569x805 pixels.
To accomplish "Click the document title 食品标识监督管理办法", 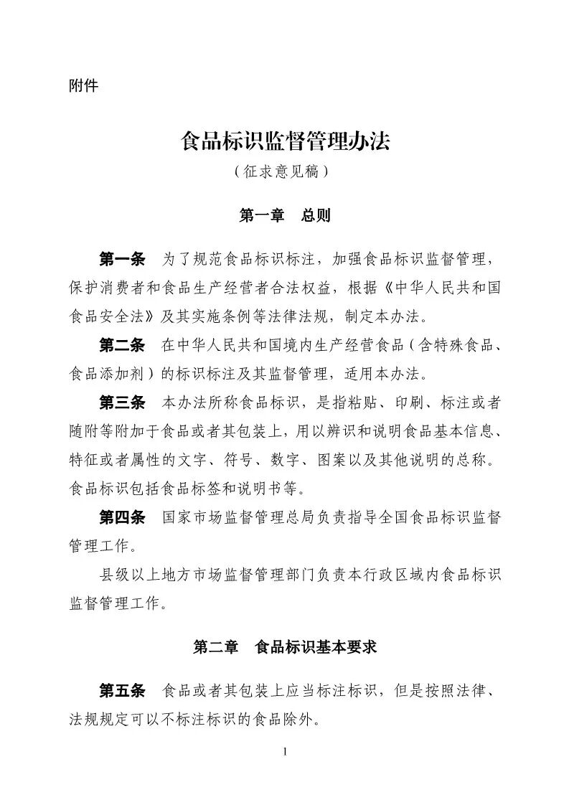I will point(285,141).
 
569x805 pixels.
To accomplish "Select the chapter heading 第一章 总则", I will point(284,215).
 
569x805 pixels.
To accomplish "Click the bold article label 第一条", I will point(122,258).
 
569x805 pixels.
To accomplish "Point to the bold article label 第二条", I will point(122,345).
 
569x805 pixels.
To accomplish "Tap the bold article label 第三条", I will point(122,403).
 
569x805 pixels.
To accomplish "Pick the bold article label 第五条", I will point(122,690).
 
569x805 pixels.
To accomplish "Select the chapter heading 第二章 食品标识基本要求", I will point(285,647).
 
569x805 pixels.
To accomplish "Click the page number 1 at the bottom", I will point(285,751).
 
